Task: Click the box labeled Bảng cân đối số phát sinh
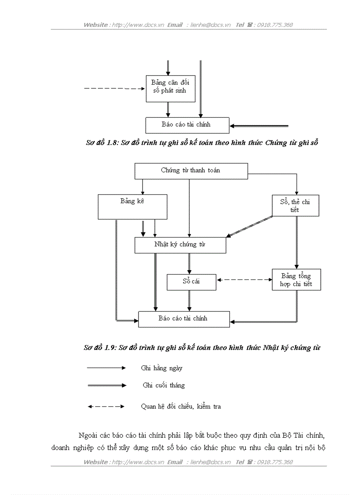click(x=170, y=88)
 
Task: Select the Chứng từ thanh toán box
click(x=191, y=171)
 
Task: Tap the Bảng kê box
click(x=132, y=207)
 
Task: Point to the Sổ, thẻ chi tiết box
click(x=295, y=206)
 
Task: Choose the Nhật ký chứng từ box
click(x=180, y=245)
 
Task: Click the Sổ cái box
click(x=191, y=282)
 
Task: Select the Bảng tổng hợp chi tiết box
click(x=296, y=280)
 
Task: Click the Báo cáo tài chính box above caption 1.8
click(x=187, y=125)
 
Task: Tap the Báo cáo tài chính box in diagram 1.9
click(x=184, y=319)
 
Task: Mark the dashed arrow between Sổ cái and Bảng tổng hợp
click(x=244, y=279)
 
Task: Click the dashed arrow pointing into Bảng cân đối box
click(x=114, y=89)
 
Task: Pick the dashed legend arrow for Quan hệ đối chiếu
click(x=106, y=406)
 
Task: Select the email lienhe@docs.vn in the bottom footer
click(x=210, y=462)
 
